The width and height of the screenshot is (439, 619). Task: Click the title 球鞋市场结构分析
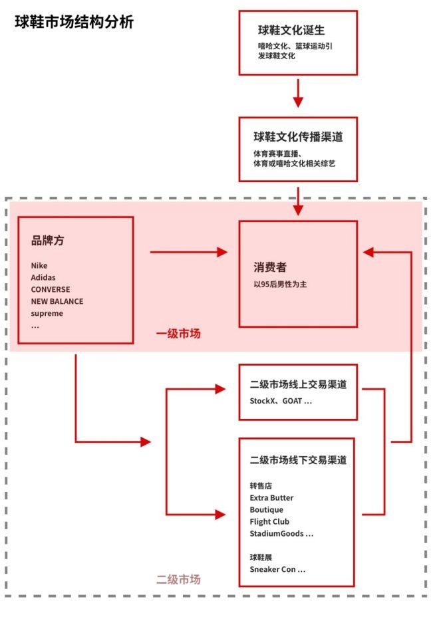coord(74,22)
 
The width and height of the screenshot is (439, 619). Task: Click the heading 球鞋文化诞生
coord(291,30)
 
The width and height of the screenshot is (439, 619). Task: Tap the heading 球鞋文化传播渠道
coord(298,136)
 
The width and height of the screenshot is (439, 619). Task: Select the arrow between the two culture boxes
coord(298,93)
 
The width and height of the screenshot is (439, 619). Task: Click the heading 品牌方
coord(47,240)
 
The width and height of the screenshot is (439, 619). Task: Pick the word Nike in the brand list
coord(39,266)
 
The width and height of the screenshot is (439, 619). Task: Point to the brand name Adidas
coord(43,277)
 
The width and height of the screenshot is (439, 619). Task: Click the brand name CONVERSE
coord(51,289)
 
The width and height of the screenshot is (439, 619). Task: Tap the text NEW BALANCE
coord(57,301)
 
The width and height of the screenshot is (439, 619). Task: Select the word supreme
coord(47,313)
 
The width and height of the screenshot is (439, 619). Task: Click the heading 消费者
coord(270,267)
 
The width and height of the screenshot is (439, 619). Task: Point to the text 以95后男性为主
coord(280,285)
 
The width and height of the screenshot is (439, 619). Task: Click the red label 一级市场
coord(178,334)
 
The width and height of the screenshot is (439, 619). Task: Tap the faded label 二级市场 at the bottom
coord(178,580)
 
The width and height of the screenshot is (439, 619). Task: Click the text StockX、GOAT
coord(275,401)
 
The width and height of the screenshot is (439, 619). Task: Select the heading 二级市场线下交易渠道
coord(298,460)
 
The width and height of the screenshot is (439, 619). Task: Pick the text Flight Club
coord(269,522)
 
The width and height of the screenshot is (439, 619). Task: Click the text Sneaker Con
coord(273,569)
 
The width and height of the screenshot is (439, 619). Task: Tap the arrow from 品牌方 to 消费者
coord(189,252)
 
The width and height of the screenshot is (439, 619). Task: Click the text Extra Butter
coord(271,498)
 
